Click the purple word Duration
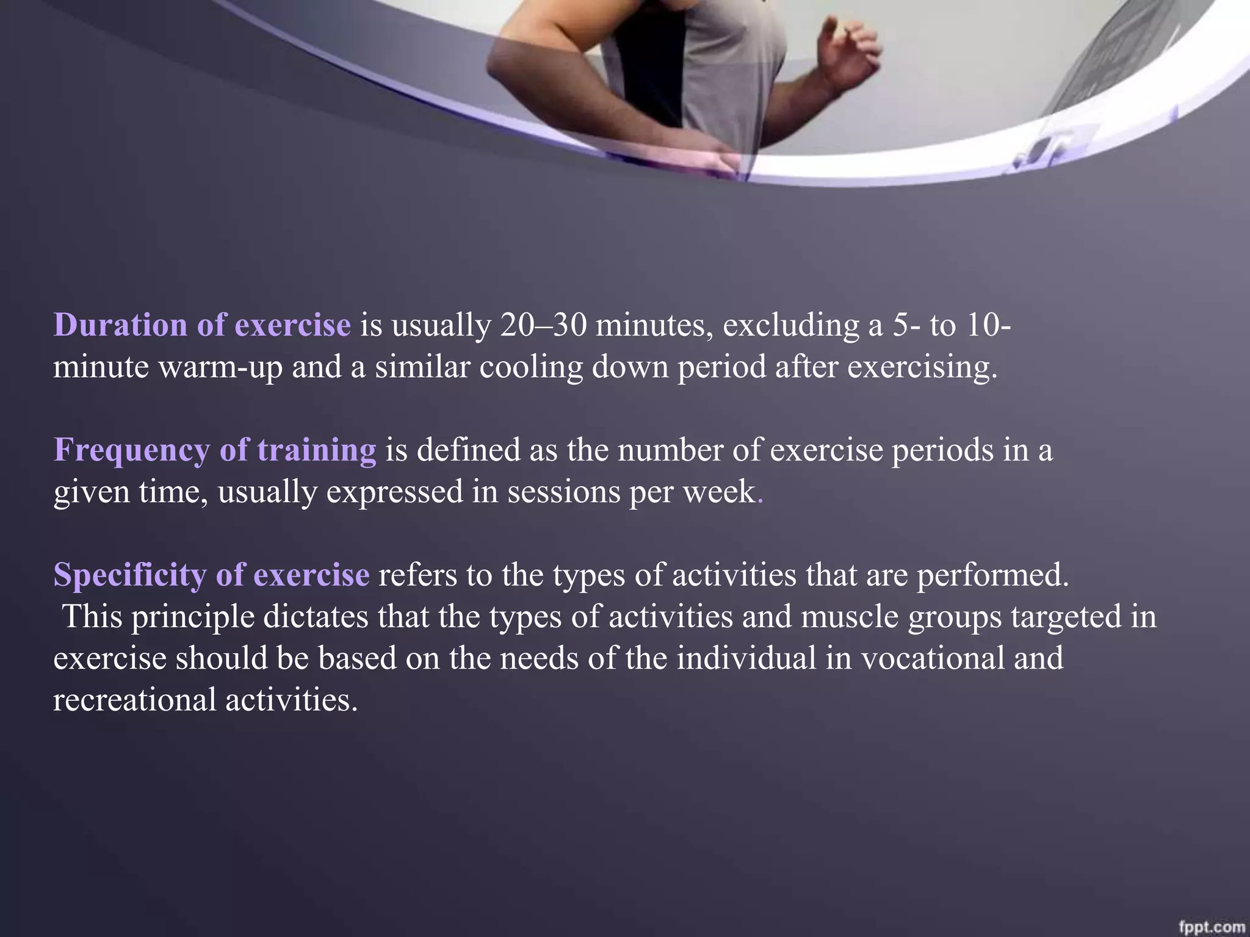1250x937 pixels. pyautogui.click(x=120, y=325)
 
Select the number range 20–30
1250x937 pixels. pyautogui.click(x=544, y=325)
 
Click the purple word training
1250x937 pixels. pyautogui.click(x=317, y=451)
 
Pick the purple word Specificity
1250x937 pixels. pyautogui.click(x=129, y=575)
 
